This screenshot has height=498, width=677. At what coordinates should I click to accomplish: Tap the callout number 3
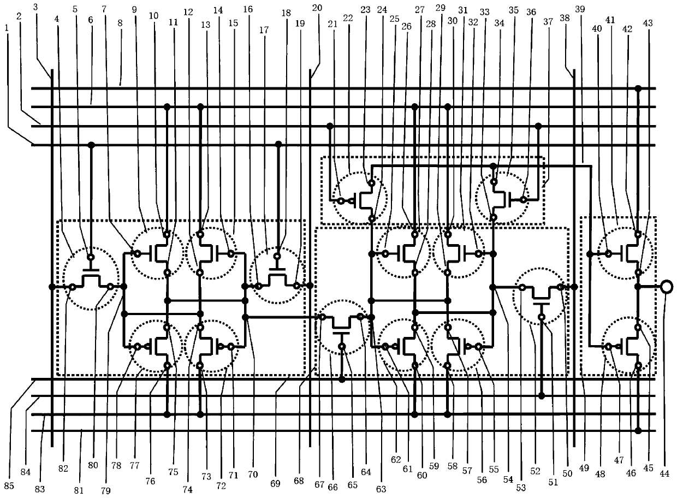pos(36,7)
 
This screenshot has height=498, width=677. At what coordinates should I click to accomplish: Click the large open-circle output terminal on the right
pos(666,286)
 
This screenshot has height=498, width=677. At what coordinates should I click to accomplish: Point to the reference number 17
pos(264,31)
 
